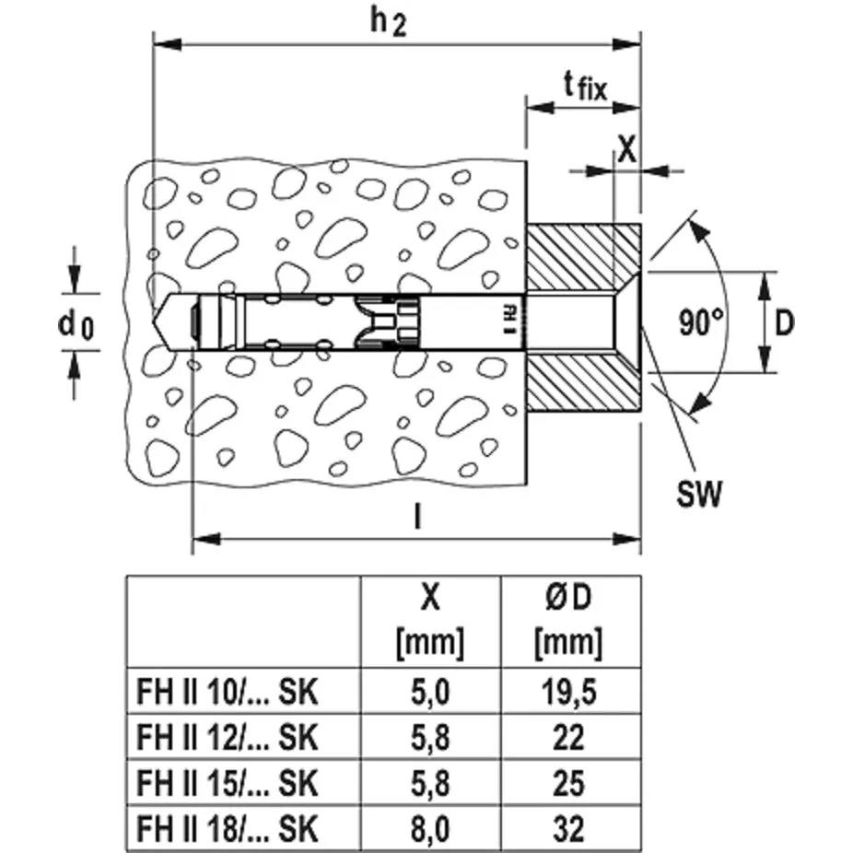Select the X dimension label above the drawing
626,150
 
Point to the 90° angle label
703,322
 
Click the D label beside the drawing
784,322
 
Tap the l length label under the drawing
417,520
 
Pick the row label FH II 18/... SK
227,830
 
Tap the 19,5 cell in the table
569,691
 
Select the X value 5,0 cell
429,691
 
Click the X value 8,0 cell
429,830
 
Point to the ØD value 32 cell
569,830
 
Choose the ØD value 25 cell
569,784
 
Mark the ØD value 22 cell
569,738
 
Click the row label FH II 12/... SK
227,738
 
